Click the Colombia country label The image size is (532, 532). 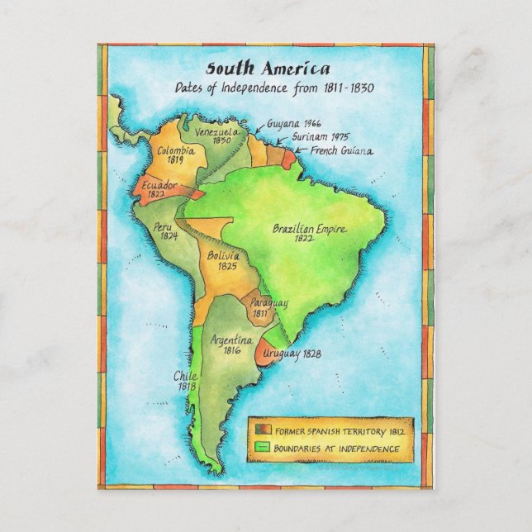point(176,150)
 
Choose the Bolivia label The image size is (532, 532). point(223,256)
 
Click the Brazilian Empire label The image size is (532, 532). point(309,229)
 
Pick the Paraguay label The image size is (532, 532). point(268,304)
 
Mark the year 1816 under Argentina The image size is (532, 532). point(227,350)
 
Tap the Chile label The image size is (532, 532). point(184,374)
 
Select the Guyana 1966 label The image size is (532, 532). point(294,123)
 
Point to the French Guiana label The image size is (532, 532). point(341,150)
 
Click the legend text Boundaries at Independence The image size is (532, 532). point(338,449)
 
